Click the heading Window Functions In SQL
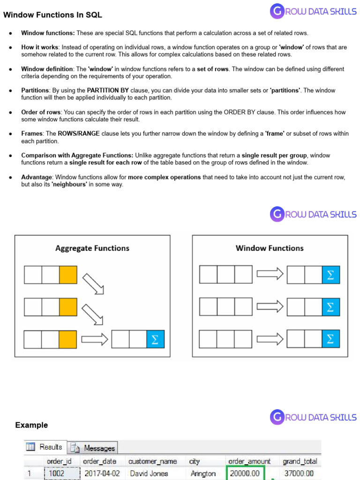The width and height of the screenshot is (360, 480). pyautogui.click(x=52, y=15)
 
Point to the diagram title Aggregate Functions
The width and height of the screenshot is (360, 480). pyautogui.click(x=92, y=248)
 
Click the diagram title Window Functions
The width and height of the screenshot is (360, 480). pyautogui.click(x=270, y=248)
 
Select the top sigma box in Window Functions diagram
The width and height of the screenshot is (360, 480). pyautogui.click(x=330, y=275)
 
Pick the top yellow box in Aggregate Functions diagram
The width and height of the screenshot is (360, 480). pyautogui.click(x=68, y=275)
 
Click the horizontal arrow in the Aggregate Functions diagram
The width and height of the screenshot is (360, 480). pyautogui.click(x=93, y=340)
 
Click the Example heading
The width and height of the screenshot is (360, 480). pyautogui.click(x=31, y=425)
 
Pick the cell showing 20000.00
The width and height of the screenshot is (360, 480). pyautogui.click(x=246, y=473)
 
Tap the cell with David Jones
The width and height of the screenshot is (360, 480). pyautogui.click(x=149, y=473)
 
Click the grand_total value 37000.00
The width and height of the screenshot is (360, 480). pyautogui.click(x=299, y=473)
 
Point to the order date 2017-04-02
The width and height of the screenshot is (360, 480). pyautogui.click(x=102, y=473)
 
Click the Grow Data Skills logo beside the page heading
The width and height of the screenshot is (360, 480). pyautogui.click(x=313, y=11)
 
